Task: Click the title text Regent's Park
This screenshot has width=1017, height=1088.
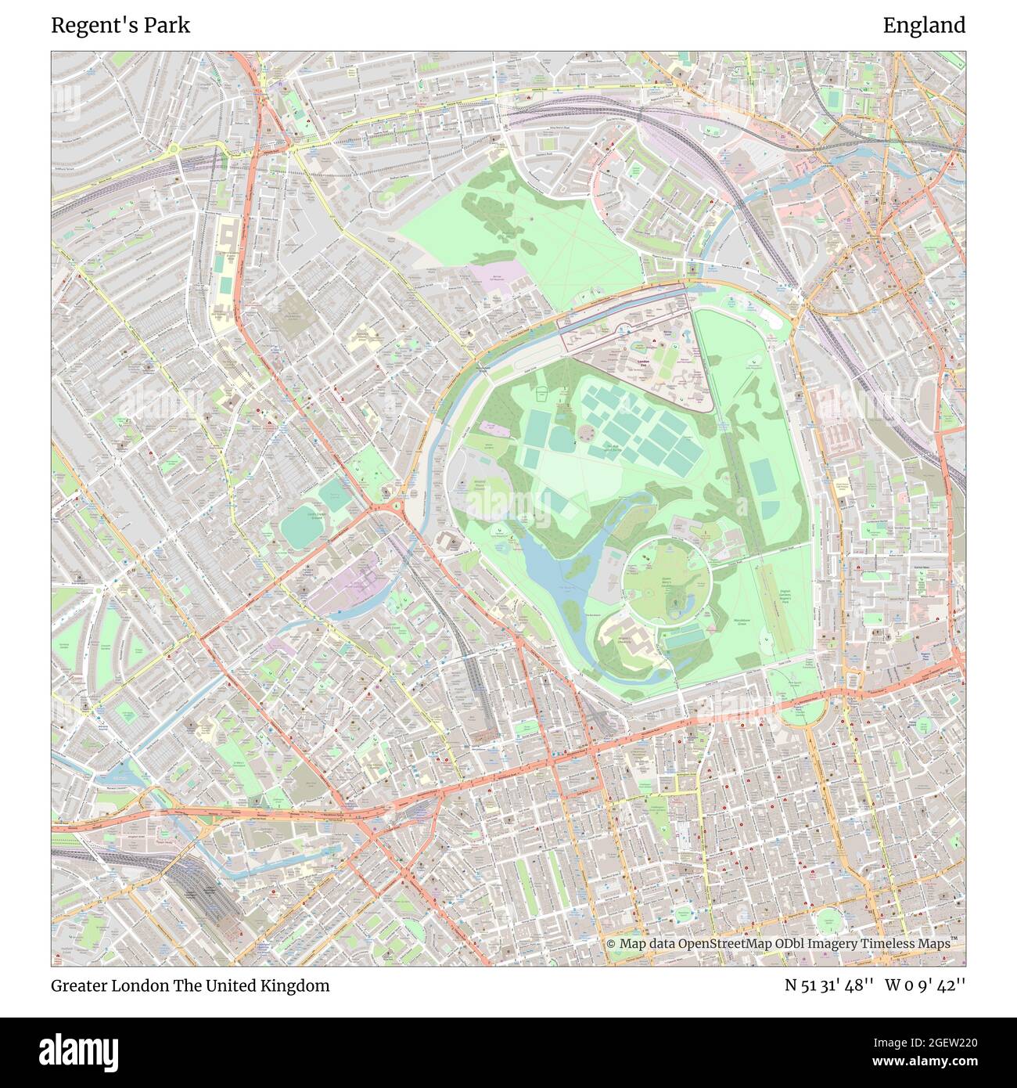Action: pos(120,25)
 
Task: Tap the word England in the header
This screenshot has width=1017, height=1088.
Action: pos(924,25)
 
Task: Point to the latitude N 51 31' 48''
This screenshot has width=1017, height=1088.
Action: pos(828,985)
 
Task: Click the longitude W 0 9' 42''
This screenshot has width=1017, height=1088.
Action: pos(925,985)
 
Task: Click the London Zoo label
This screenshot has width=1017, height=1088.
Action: pos(645,362)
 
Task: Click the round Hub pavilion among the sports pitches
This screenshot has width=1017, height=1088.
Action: pos(586,434)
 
